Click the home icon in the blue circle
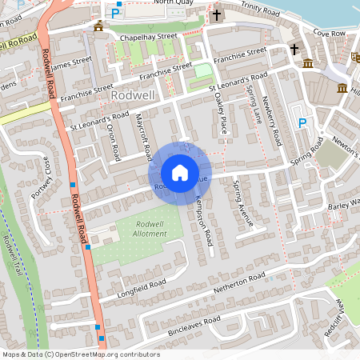pos(180,172)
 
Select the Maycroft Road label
pos(142,137)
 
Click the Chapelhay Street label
pos(148,36)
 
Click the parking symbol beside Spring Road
pos(302,122)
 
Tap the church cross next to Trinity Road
pos(216,15)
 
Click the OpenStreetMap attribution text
pos(80,354)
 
